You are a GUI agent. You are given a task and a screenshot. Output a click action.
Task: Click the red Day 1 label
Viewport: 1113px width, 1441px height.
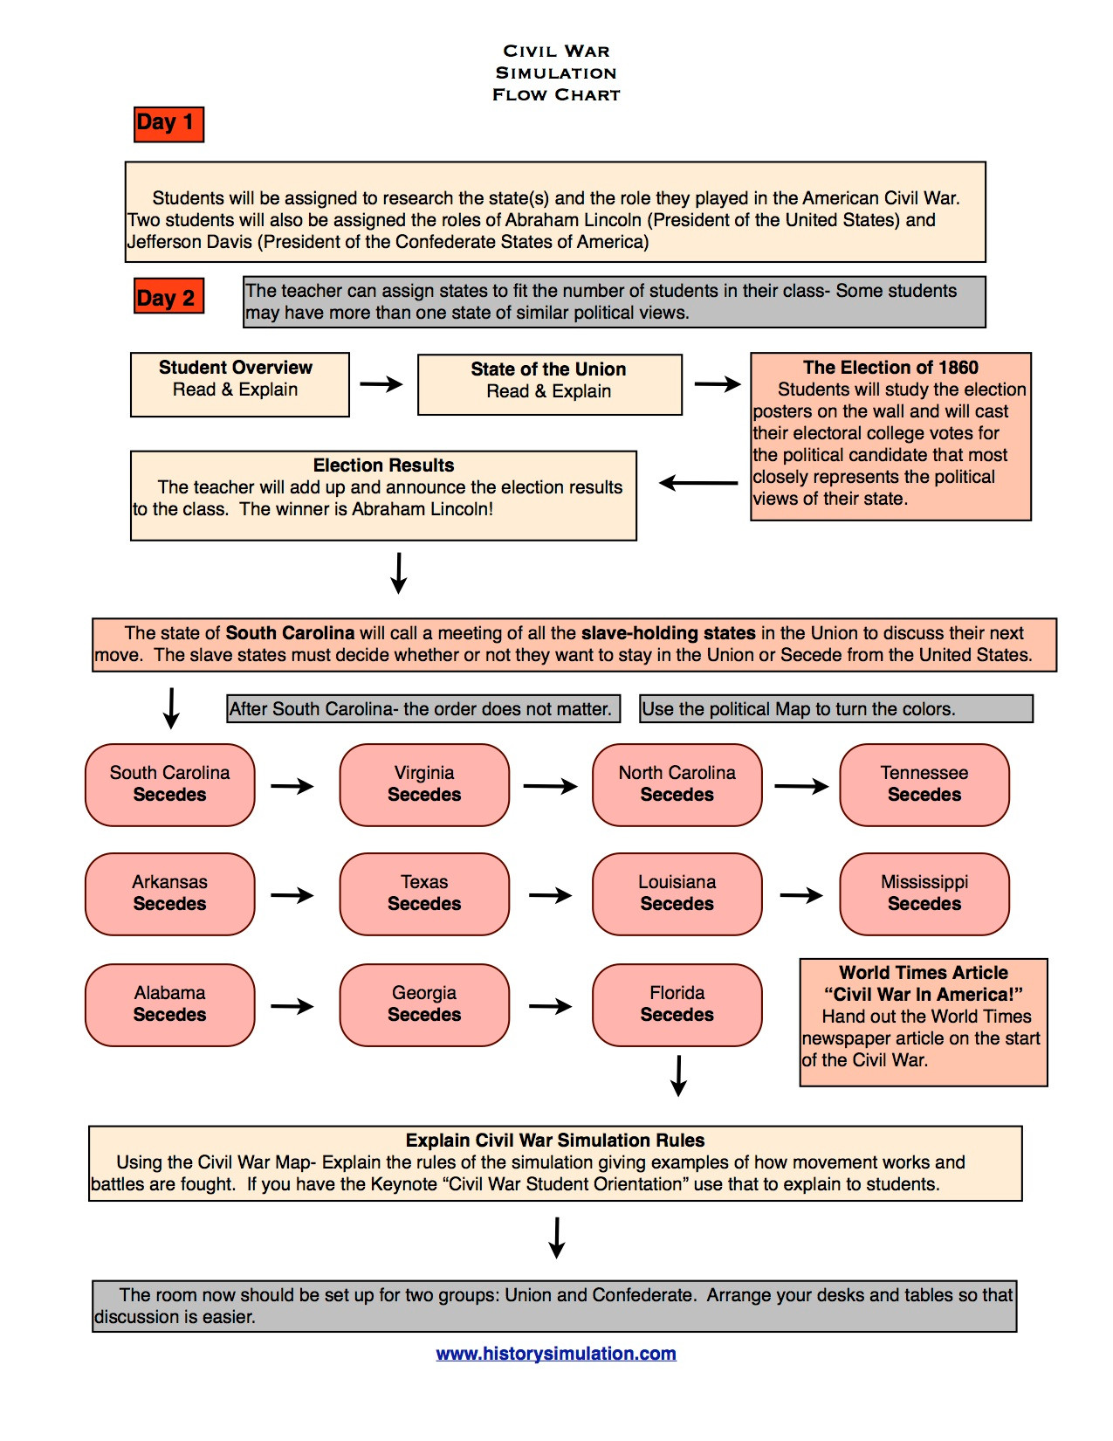(168, 123)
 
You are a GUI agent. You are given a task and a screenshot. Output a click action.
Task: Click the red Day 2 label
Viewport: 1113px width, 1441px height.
(168, 297)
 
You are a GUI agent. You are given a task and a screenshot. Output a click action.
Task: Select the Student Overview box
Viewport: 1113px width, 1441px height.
(239, 384)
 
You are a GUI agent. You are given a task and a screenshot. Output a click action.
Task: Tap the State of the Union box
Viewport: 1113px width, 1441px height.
(549, 384)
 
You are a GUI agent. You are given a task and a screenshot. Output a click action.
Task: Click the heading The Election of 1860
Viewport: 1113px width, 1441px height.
(890, 368)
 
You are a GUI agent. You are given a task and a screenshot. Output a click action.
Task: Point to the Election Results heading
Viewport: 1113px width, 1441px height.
(383, 465)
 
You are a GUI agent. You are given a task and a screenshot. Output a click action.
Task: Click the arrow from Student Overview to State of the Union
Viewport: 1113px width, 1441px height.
(381, 383)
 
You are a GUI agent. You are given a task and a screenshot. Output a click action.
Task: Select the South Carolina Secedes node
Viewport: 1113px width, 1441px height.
(170, 784)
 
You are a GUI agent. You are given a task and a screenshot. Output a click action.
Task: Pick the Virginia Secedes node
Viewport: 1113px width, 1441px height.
(424, 784)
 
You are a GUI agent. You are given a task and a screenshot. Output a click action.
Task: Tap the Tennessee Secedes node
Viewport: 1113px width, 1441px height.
(924, 784)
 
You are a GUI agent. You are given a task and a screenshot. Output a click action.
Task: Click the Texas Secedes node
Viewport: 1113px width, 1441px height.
(424, 893)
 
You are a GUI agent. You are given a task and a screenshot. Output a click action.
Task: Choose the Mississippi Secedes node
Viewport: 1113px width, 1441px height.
(924, 893)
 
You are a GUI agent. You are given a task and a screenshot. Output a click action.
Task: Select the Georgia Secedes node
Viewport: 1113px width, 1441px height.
(424, 1004)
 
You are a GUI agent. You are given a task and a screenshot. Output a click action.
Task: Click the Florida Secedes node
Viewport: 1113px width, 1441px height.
(677, 1004)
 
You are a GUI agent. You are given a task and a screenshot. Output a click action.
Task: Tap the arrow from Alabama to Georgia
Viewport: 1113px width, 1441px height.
(292, 1006)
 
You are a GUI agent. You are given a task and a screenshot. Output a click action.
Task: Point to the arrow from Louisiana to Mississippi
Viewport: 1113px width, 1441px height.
(801, 895)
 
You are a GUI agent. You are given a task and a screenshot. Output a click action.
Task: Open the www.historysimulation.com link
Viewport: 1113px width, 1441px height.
(556, 1354)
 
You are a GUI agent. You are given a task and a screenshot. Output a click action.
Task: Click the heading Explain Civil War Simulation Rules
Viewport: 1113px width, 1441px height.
(555, 1141)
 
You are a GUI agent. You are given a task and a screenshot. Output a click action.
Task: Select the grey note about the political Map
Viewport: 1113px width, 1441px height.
(835, 709)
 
